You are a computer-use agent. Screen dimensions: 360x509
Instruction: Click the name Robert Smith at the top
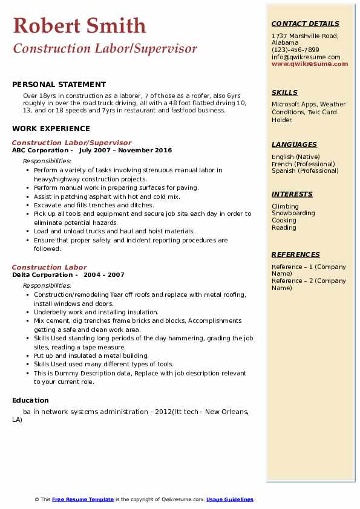pyautogui.click(x=79, y=25)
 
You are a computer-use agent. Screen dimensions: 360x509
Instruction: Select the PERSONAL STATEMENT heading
pyautogui.click(x=59, y=85)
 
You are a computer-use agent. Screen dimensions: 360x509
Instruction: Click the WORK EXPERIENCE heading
pyautogui.click(x=51, y=128)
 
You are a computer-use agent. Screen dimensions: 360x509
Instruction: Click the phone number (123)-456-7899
pyautogui.click(x=295, y=50)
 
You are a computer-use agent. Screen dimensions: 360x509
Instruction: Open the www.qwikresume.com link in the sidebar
pyautogui.click(x=309, y=63)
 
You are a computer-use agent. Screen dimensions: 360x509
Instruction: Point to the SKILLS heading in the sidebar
pyautogui.click(x=284, y=92)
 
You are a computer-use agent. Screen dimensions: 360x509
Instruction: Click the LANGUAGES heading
pyautogui.click(x=294, y=144)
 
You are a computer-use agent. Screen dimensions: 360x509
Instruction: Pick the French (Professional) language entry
pyautogui.click(x=303, y=164)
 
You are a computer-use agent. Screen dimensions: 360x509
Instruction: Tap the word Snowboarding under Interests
pyautogui.click(x=293, y=213)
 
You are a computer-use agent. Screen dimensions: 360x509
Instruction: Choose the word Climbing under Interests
pyautogui.click(x=285, y=206)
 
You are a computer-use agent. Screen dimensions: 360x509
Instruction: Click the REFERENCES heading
pyautogui.click(x=295, y=254)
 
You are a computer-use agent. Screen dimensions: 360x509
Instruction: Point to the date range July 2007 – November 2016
pyautogui.click(x=125, y=151)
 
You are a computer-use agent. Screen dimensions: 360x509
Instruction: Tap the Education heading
pyautogui.click(x=30, y=400)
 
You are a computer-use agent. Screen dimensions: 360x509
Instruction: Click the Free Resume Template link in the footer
pyautogui.click(x=83, y=499)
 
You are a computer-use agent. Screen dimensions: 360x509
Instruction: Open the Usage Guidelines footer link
pyautogui.click(x=229, y=499)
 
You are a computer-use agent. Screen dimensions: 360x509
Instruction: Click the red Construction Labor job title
pyautogui.click(x=49, y=267)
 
